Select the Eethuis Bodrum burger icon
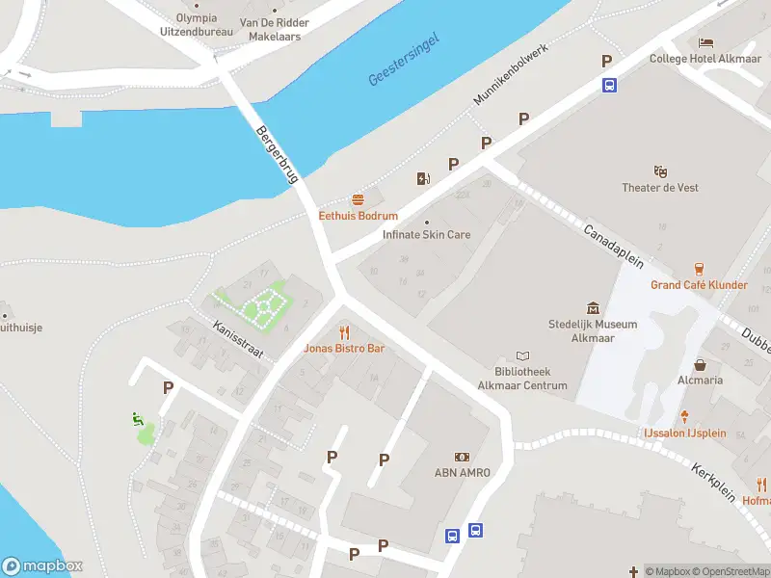pos(359,200)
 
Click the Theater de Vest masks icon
pos(660,171)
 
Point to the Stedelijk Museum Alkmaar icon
pos(593,308)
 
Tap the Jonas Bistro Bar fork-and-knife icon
pos(344,332)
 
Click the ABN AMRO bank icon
pos(462,457)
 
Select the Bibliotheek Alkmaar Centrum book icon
pos(523,355)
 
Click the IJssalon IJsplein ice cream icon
pos(685,417)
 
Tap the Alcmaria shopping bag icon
pos(700,365)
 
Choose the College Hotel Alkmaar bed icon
pos(706,42)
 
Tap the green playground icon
pos(137,418)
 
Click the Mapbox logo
pos(42,566)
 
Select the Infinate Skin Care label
pos(427,234)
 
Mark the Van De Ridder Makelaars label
pos(275,29)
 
